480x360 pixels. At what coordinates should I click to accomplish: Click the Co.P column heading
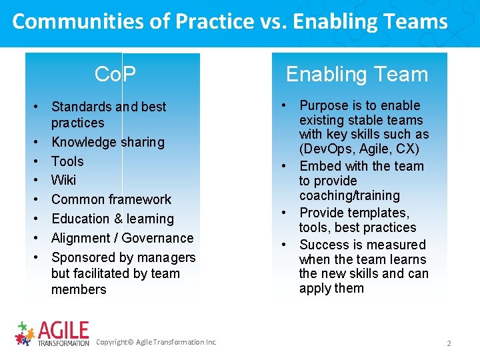(115, 74)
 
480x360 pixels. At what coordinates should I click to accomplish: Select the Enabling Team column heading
(357, 74)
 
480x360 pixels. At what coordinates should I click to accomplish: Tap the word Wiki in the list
(63, 180)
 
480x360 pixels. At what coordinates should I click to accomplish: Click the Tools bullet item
(67, 161)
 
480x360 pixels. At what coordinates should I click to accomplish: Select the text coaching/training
(349, 195)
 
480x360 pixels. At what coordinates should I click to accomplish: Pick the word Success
(323, 245)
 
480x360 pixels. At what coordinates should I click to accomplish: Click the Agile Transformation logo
(52, 333)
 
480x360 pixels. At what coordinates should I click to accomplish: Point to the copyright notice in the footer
(156, 342)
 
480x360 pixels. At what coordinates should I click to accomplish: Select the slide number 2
(449, 343)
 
